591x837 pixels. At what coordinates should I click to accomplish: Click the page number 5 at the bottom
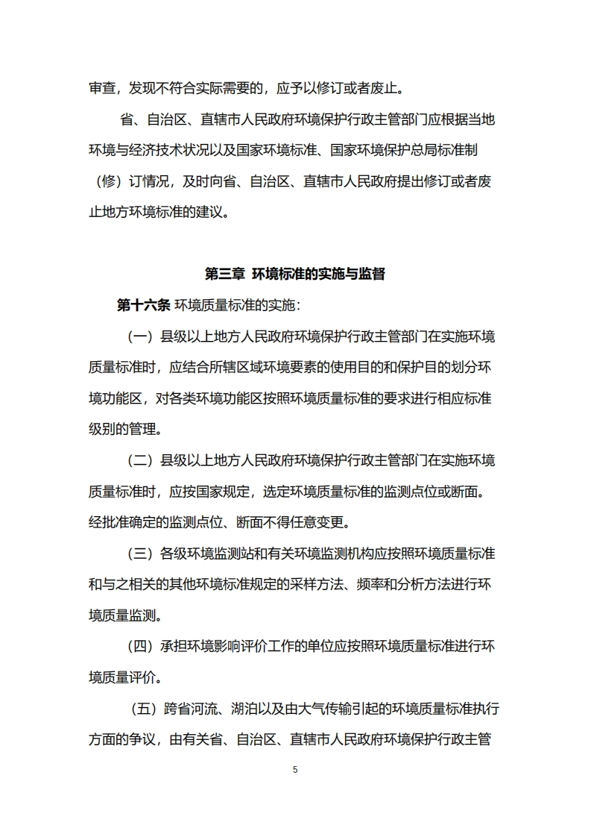(295, 769)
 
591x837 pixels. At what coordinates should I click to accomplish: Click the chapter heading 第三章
(225, 275)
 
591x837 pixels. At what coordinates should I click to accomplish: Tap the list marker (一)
(140, 336)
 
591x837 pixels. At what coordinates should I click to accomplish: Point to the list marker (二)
(140, 460)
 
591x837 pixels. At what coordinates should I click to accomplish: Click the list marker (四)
(140, 647)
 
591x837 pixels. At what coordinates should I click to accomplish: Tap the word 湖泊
(247, 709)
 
